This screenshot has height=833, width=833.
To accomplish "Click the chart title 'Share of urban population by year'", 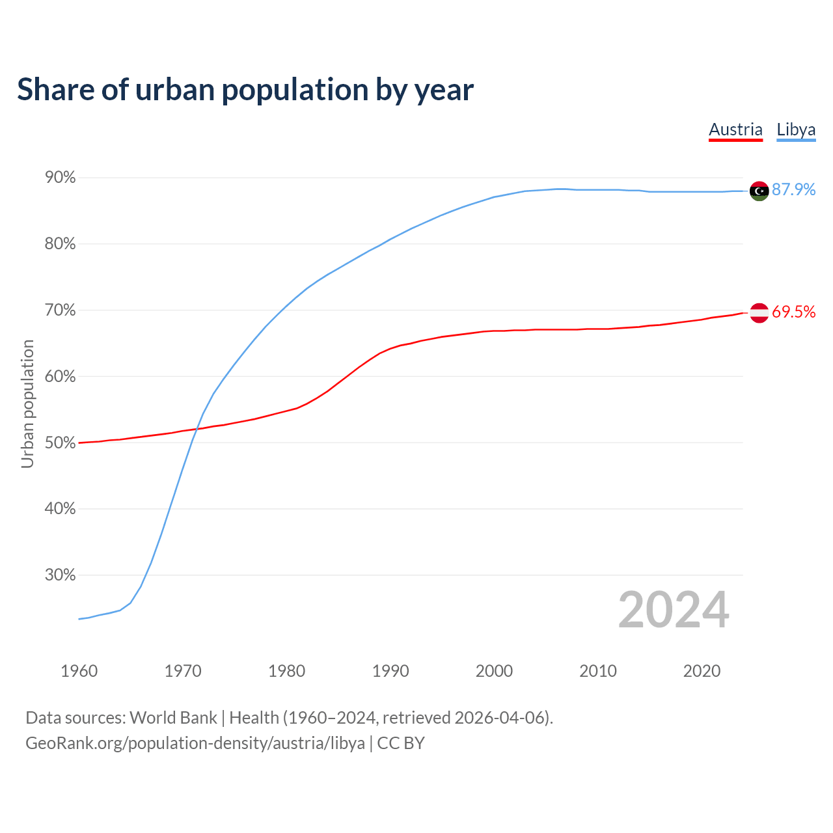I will tap(245, 90).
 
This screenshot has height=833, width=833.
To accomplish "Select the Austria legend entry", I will tap(735, 130).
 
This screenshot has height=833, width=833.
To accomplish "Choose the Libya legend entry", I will tap(796, 130).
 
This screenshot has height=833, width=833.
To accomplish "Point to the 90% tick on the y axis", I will tap(60, 178).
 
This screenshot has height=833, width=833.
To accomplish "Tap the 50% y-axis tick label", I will tap(60, 443).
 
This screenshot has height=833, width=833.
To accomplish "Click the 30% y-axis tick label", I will tap(60, 575).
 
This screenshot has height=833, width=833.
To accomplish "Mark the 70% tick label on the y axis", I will tap(60, 310).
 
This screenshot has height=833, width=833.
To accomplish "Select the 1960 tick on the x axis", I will tap(79, 671).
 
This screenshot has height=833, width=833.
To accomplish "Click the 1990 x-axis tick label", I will tap(390, 671).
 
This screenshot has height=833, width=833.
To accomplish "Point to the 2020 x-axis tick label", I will tap(702, 671).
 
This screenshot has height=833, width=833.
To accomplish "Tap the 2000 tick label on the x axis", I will tap(494, 671).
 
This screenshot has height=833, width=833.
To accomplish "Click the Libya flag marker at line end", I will tap(759, 191).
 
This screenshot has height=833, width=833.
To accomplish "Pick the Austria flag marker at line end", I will tap(759, 313).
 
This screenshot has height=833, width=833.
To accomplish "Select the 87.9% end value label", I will tap(793, 189).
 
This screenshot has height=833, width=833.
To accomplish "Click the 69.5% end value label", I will tap(793, 312).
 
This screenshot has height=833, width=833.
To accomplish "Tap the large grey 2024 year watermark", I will tap(674, 610).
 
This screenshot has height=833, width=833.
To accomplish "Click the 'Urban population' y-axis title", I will tap(27, 403).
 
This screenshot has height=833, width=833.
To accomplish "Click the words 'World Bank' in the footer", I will tap(173, 718).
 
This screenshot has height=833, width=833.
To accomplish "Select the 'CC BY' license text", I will tap(401, 743).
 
